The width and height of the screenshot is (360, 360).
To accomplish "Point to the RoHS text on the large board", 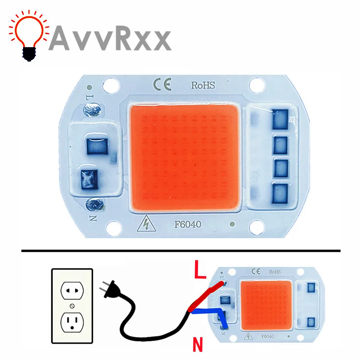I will click(202, 85).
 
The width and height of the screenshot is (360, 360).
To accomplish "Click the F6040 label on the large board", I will click(188, 224).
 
